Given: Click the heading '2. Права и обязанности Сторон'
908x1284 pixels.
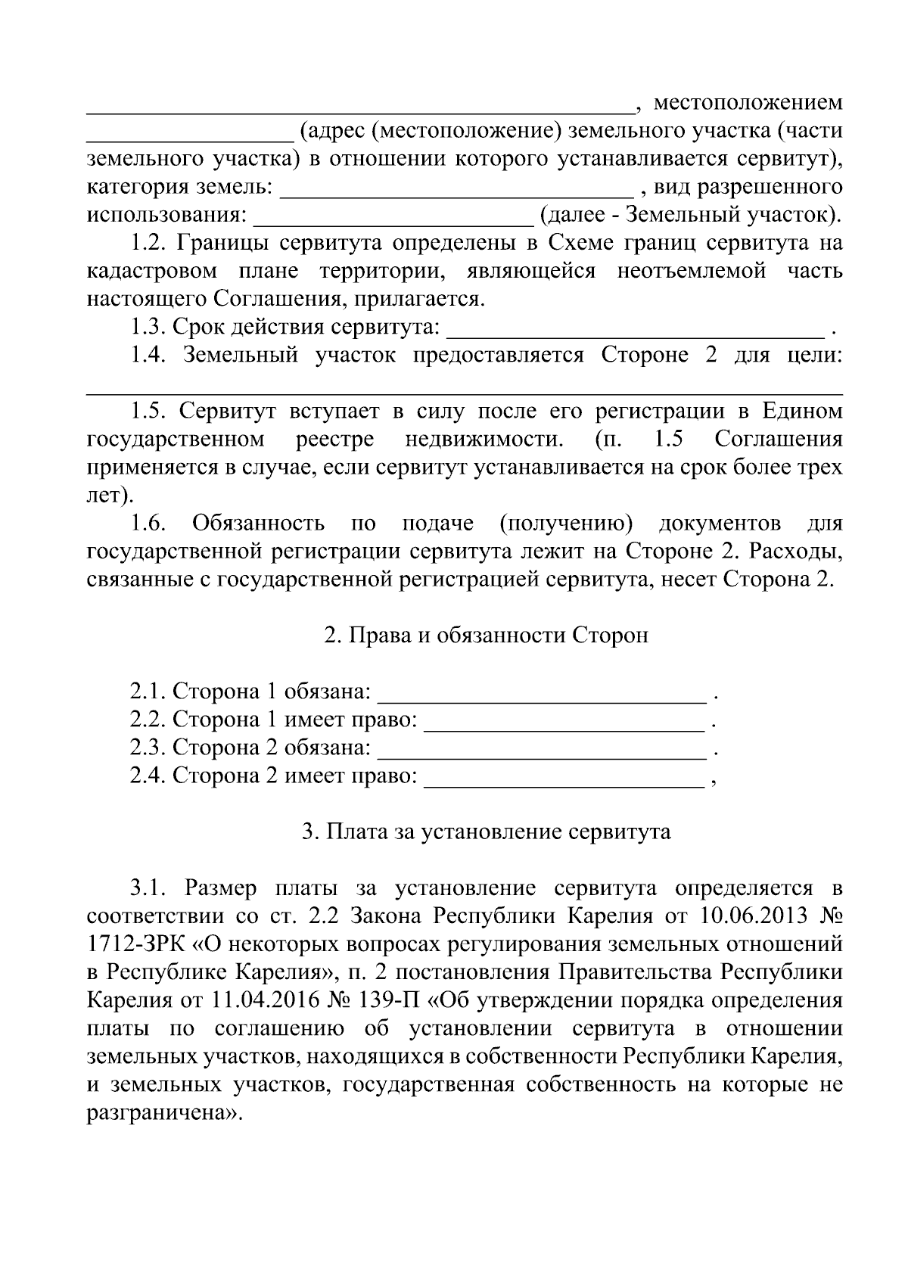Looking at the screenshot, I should click(x=486, y=635).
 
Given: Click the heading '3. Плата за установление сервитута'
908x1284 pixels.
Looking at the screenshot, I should click(x=486, y=832).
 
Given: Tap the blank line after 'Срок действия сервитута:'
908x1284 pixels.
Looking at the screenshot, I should click(x=636, y=331).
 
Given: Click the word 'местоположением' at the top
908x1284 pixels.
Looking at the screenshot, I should click(x=748, y=102).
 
